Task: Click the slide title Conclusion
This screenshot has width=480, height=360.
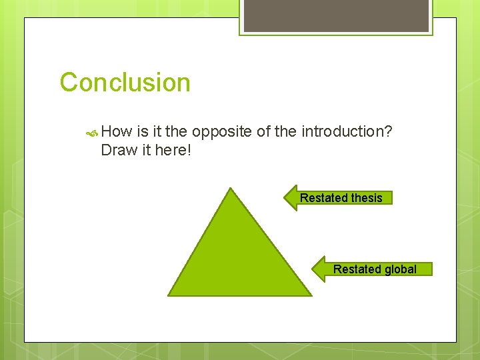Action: [x=125, y=83]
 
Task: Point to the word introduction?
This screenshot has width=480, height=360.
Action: [x=347, y=131]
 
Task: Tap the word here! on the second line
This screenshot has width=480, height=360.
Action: [x=173, y=150]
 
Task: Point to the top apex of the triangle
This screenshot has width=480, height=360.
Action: [x=230, y=189]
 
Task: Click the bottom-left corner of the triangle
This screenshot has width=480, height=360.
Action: [x=169, y=295]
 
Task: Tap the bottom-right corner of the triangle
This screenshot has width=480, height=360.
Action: [x=310, y=294]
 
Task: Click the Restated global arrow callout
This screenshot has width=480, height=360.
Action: [x=373, y=269]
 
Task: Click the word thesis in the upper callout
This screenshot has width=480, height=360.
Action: [x=367, y=198]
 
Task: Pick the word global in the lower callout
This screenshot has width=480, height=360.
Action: [x=401, y=269]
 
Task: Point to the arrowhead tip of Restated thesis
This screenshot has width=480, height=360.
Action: [x=285, y=198]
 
